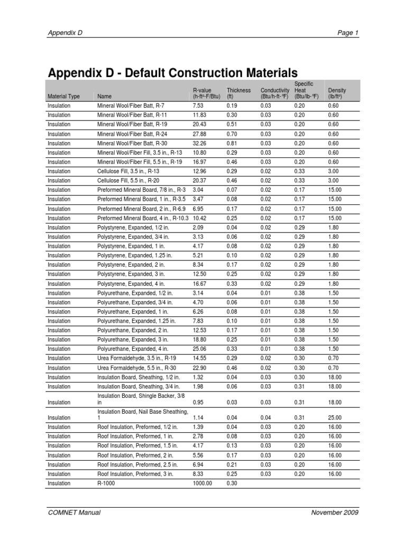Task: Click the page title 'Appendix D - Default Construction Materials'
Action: click(172, 72)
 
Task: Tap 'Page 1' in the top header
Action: click(348, 33)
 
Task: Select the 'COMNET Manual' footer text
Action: click(74, 512)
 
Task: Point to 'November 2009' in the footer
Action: click(335, 512)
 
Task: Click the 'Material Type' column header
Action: click(63, 97)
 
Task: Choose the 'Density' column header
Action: click(337, 94)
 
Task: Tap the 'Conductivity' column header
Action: click(275, 94)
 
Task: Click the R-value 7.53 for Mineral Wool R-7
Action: click(198, 106)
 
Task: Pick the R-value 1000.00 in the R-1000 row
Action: click(202, 483)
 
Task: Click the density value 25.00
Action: click(335, 417)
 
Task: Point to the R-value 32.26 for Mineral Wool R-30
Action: click(200, 143)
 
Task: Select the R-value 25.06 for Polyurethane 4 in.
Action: click(200, 349)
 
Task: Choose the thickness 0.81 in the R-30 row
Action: click(232, 143)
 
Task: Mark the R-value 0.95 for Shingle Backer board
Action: click(198, 403)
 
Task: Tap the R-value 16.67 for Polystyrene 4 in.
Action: click(200, 284)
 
